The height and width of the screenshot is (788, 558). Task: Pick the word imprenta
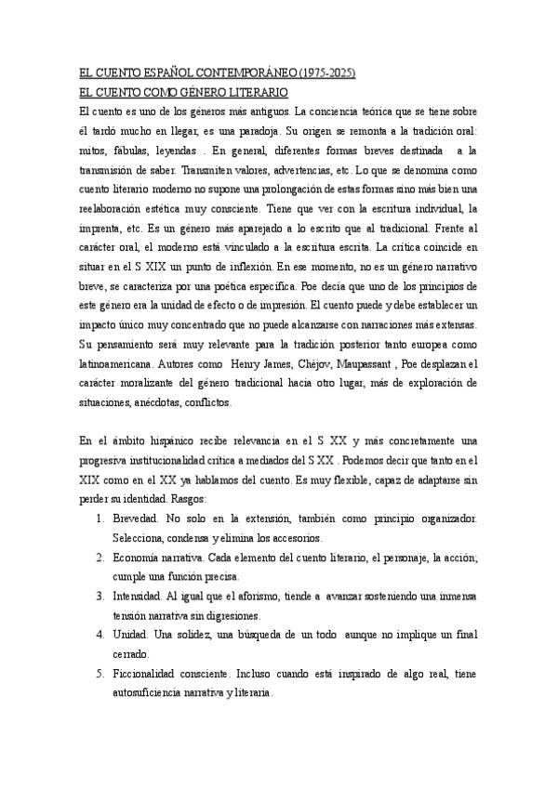coord(101,229)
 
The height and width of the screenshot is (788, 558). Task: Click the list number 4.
coord(100,635)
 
